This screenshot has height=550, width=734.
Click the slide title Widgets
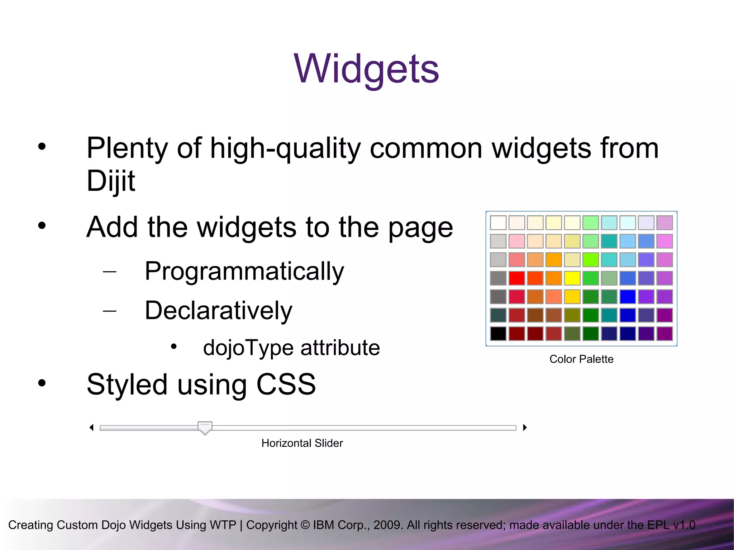pyautogui.click(x=366, y=69)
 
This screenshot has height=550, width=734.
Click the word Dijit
pyautogui.click(x=111, y=181)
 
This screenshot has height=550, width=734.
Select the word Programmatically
pyautogui.click(x=244, y=271)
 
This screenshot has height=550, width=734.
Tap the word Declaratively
pyautogui.click(x=218, y=311)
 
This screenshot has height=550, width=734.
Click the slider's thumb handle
pyautogui.click(x=205, y=427)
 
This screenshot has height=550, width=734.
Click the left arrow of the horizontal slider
pyautogui.click(x=92, y=427)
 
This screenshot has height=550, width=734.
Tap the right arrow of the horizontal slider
pyautogui.click(x=525, y=427)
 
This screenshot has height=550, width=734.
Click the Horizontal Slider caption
pyautogui.click(x=302, y=443)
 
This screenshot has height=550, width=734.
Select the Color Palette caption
pyautogui.click(x=581, y=359)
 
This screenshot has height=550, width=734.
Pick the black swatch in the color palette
pyautogui.click(x=498, y=334)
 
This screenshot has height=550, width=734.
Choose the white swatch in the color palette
pyautogui.click(x=498, y=223)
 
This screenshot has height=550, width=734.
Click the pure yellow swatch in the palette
pyautogui.click(x=572, y=278)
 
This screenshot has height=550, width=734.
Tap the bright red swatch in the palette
pyautogui.click(x=517, y=278)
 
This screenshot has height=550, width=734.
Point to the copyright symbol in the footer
pyautogui.click(x=305, y=525)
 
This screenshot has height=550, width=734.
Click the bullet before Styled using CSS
pyautogui.click(x=42, y=383)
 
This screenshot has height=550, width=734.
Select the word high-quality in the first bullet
pyautogui.click(x=285, y=148)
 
